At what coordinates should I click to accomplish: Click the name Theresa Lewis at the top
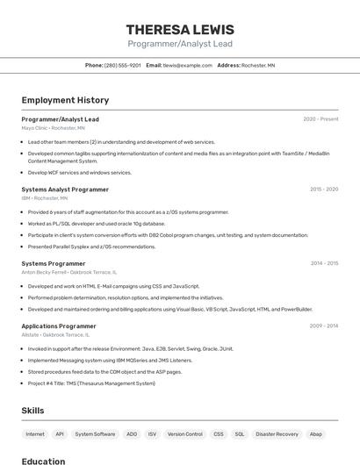pyautogui.click(x=180, y=30)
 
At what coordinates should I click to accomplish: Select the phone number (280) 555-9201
pyautogui.click(x=122, y=65)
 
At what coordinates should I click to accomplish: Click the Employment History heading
pyautogui.click(x=65, y=100)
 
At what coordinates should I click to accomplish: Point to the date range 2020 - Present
pyautogui.click(x=320, y=119)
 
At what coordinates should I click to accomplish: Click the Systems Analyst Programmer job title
pyautogui.click(x=65, y=190)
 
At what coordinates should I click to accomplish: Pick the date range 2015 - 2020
pyautogui.click(x=324, y=190)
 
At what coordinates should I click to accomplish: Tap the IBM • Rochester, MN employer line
pyautogui.click(x=45, y=198)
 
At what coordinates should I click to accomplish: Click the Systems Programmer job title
pyautogui.click(x=54, y=263)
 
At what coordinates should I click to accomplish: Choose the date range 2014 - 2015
pyautogui.click(x=324, y=263)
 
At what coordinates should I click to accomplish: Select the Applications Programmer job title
pyautogui.click(x=59, y=325)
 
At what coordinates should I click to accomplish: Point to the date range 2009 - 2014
pyautogui.click(x=324, y=325)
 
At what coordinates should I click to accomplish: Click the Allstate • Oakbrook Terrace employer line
pyautogui.click(x=55, y=334)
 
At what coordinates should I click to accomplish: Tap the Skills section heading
pyautogui.click(x=33, y=411)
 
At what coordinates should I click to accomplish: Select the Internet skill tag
pyautogui.click(x=35, y=434)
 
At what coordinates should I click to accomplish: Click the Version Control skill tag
pyautogui.click(x=184, y=434)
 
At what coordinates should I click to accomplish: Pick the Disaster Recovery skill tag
pyautogui.click(x=277, y=434)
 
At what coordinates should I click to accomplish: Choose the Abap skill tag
pyautogui.click(x=316, y=434)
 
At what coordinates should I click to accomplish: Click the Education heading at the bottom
pyautogui.click(x=43, y=461)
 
